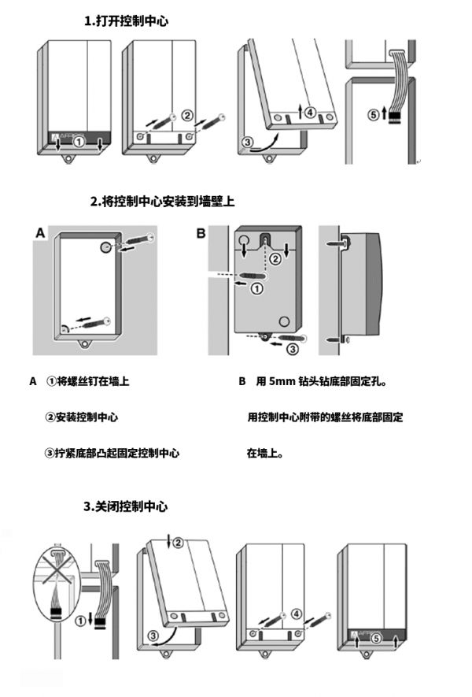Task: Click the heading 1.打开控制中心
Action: (x=126, y=22)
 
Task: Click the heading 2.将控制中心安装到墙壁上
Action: (x=162, y=202)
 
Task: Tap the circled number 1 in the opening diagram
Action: (x=79, y=143)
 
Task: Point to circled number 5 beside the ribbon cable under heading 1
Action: (x=373, y=113)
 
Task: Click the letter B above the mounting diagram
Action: (x=201, y=232)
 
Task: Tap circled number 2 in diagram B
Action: (x=275, y=258)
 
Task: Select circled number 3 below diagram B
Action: (x=290, y=348)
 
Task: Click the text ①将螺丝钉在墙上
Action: (x=87, y=381)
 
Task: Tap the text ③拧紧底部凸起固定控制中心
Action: (x=112, y=454)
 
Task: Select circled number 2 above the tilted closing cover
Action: (x=178, y=542)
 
